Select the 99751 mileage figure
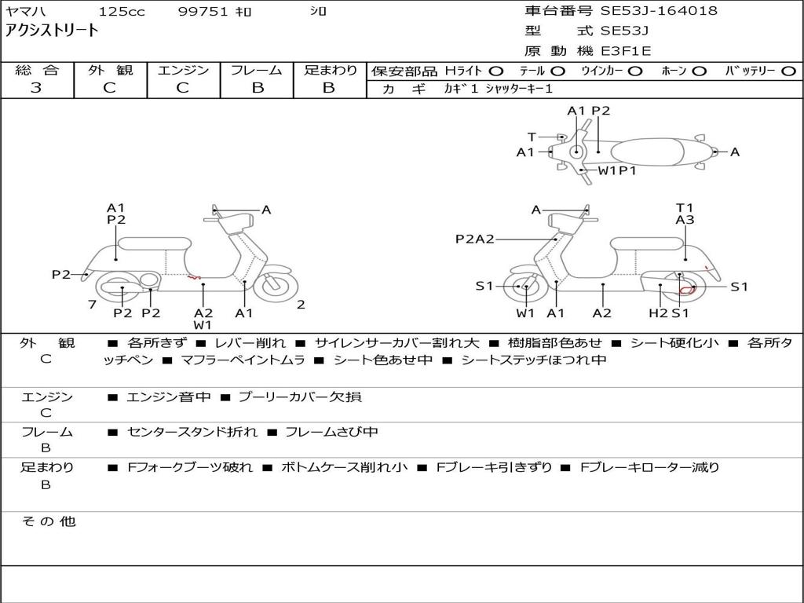[203, 12]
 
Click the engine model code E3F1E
[626, 52]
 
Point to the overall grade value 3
[36, 88]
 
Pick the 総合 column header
[36, 71]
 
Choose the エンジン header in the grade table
[183, 71]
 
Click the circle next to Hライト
[496, 71]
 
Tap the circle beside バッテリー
[789, 71]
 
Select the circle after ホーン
[699, 71]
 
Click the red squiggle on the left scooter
[193, 276]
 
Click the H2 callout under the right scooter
[658, 313]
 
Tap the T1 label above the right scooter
[685, 208]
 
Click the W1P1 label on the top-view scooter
[617, 170]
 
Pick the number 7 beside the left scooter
[92, 305]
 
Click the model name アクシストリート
[53, 31]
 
